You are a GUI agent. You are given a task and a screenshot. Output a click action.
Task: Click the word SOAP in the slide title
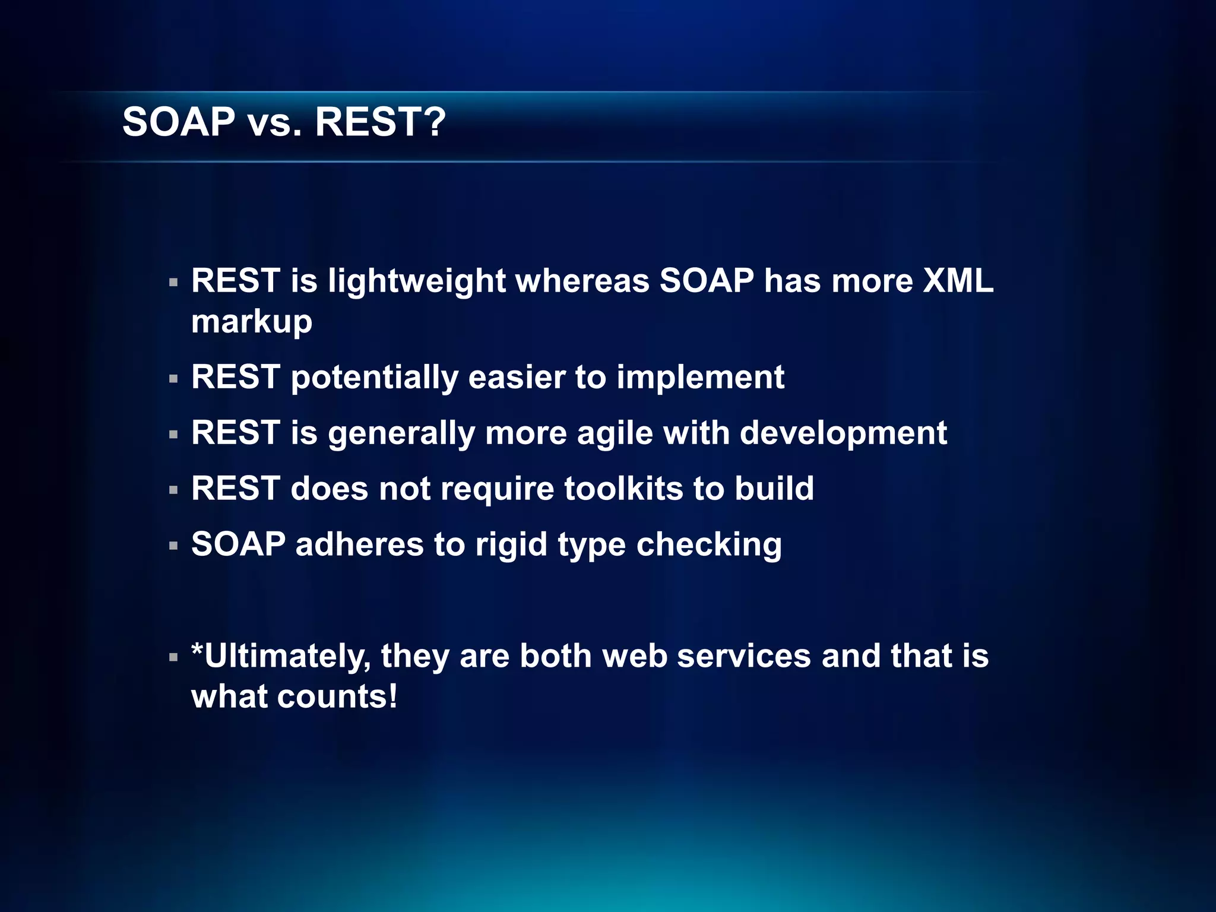pos(178,122)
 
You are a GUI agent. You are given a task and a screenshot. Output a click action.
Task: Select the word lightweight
pos(416,281)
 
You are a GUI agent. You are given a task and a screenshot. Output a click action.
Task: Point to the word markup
pos(251,322)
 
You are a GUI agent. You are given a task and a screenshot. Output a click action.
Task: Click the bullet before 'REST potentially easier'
pos(173,379)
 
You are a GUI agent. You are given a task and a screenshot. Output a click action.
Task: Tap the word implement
pos(700,378)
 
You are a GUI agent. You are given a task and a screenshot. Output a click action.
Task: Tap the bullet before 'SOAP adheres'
pos(173,546)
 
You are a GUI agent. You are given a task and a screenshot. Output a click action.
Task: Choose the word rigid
pos(511,544)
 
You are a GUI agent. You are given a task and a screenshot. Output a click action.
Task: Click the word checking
pos(709,544)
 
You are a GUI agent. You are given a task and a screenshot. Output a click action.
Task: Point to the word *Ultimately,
pos(280,657)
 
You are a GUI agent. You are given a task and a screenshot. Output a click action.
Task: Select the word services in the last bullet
pos(743,657)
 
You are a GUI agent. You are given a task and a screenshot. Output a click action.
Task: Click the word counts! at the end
pos(337,697)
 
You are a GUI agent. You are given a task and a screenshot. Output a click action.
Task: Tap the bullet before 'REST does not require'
pos(173,490)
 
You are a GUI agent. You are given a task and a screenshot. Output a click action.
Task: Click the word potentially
pos(374,378)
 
